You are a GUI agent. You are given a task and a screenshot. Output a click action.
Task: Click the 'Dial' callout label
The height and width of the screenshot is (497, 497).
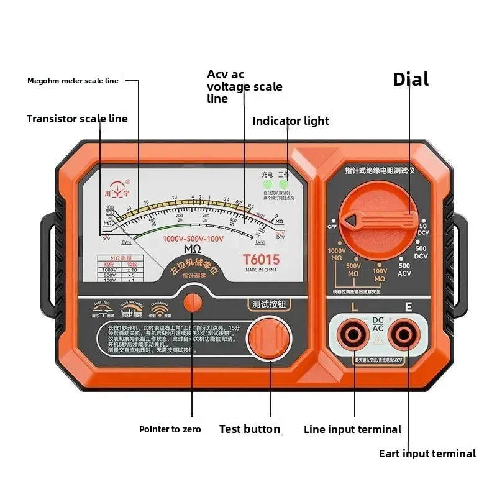(411, 80)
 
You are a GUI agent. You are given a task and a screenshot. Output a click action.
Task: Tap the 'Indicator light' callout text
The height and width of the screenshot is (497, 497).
(290, 121)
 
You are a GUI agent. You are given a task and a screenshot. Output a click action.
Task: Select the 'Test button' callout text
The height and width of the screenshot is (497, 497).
(249, 429)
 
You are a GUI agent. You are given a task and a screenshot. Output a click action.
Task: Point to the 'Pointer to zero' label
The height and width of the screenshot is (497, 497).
(170, 429)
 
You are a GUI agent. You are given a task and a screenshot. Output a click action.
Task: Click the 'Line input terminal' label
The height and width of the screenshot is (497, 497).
(352, 429)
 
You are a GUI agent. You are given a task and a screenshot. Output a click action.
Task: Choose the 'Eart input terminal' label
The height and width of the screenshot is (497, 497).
(427, 454)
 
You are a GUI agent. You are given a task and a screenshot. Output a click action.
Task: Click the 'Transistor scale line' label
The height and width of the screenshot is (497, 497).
(77, 119)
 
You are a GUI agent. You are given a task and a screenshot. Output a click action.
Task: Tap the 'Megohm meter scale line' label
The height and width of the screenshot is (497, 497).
(73, 81)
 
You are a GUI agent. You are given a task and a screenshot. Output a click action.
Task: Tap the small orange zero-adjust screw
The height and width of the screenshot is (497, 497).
(193, 302)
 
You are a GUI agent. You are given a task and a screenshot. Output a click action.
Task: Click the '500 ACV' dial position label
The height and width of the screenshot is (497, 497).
(404, 269)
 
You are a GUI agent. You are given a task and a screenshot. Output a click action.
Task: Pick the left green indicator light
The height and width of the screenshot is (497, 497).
(267, 185)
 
